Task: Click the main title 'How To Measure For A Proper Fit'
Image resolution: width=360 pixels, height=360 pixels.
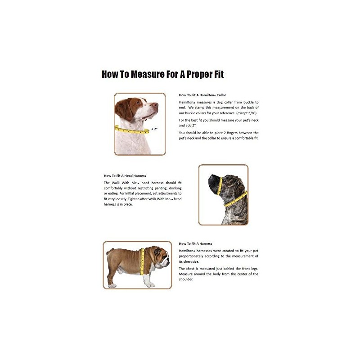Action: click(162, 74)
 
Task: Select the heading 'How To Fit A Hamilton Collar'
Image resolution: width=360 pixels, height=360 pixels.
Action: click(202, 95)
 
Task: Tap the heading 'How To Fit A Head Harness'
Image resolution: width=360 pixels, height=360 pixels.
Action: click(125, 175)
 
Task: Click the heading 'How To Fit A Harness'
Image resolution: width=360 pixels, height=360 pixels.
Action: click(195, 243)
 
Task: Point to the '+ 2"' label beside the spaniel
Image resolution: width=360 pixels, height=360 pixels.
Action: click(154, 129)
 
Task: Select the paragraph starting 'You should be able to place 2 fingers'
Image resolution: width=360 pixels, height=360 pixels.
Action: click(219, 135)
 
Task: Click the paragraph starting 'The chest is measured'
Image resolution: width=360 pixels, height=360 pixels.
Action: click(219, 274)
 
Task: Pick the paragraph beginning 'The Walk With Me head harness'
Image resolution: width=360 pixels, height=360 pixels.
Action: click(143, 193)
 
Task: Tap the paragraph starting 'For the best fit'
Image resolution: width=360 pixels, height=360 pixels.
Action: click(219, 123)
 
